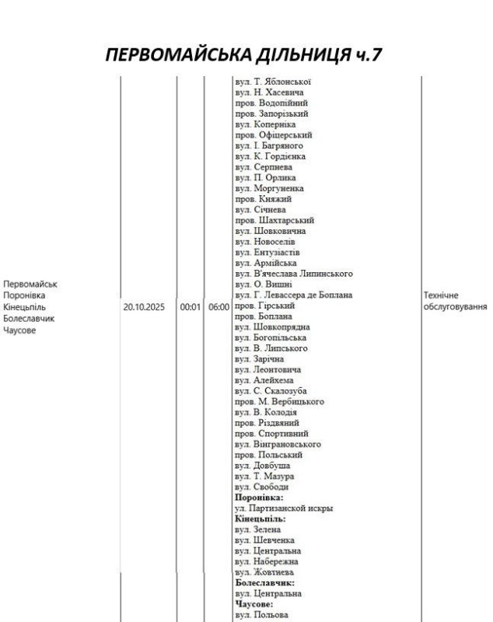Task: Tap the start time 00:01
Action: coord(191,307)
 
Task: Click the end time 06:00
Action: coord(219,307)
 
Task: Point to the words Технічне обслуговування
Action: coord(455,301)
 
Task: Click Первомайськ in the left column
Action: coord(30,285)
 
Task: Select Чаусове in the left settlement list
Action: coord(19,330)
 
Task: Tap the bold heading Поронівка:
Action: coord(259,498)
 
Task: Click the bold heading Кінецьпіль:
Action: coord(260,519)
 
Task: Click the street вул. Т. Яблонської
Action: coord(273,82)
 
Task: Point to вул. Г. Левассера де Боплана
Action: coord(293,295)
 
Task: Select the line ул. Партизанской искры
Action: coord(284,508)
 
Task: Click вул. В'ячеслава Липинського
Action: coord(293,274)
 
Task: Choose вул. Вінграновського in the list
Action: coord(278,444)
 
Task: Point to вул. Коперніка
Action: coord(264,124)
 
